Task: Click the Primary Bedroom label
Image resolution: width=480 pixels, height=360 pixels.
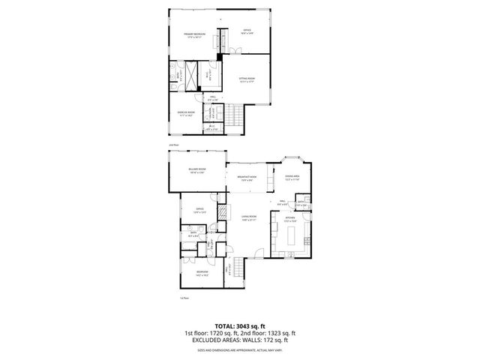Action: tap(195, 34)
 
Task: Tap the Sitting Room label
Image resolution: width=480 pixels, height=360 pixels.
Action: tap(247, 79)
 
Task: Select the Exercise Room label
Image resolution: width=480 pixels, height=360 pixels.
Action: tap(186, 114)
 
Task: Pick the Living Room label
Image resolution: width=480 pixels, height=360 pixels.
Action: tap(248, 219)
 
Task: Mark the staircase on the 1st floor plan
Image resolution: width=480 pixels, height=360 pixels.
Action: tap(239, 268)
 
